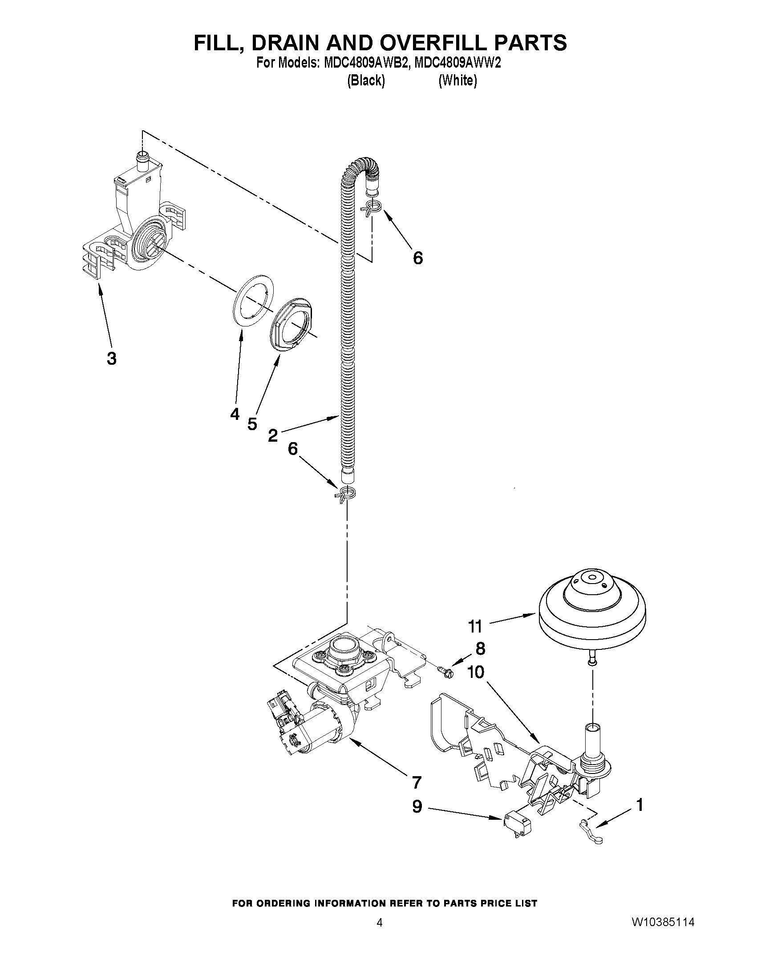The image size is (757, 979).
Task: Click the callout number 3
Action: coord(111,359)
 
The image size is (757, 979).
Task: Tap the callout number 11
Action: coord(475,626)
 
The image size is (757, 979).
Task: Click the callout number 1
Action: coord(640,805)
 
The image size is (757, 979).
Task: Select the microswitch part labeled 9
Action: coord(516,823)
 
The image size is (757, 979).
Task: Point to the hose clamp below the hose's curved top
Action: coord(372,207)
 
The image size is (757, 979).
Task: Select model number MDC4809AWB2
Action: coord(364,63)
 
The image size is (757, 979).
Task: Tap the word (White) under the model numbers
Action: coord(457,81)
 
